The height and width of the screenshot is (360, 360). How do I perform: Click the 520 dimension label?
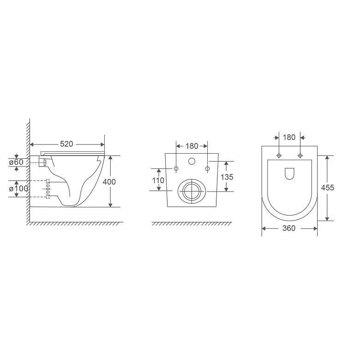click(66, 144)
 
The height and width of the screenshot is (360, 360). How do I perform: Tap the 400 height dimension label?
click(109, 182)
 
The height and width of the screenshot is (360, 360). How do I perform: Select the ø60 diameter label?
click(16, 162)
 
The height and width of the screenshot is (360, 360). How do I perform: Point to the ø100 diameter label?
click(18, 188)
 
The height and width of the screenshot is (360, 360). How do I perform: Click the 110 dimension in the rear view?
click(158, 180)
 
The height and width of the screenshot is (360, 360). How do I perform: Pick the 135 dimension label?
click(227, 177)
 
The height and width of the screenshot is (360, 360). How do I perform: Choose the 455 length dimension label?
click(327, 187)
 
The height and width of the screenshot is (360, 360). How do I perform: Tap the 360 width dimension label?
click(289, 228)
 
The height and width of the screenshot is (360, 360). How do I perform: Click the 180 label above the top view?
click(289, 137)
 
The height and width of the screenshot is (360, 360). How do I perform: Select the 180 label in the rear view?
click(192, 146)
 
